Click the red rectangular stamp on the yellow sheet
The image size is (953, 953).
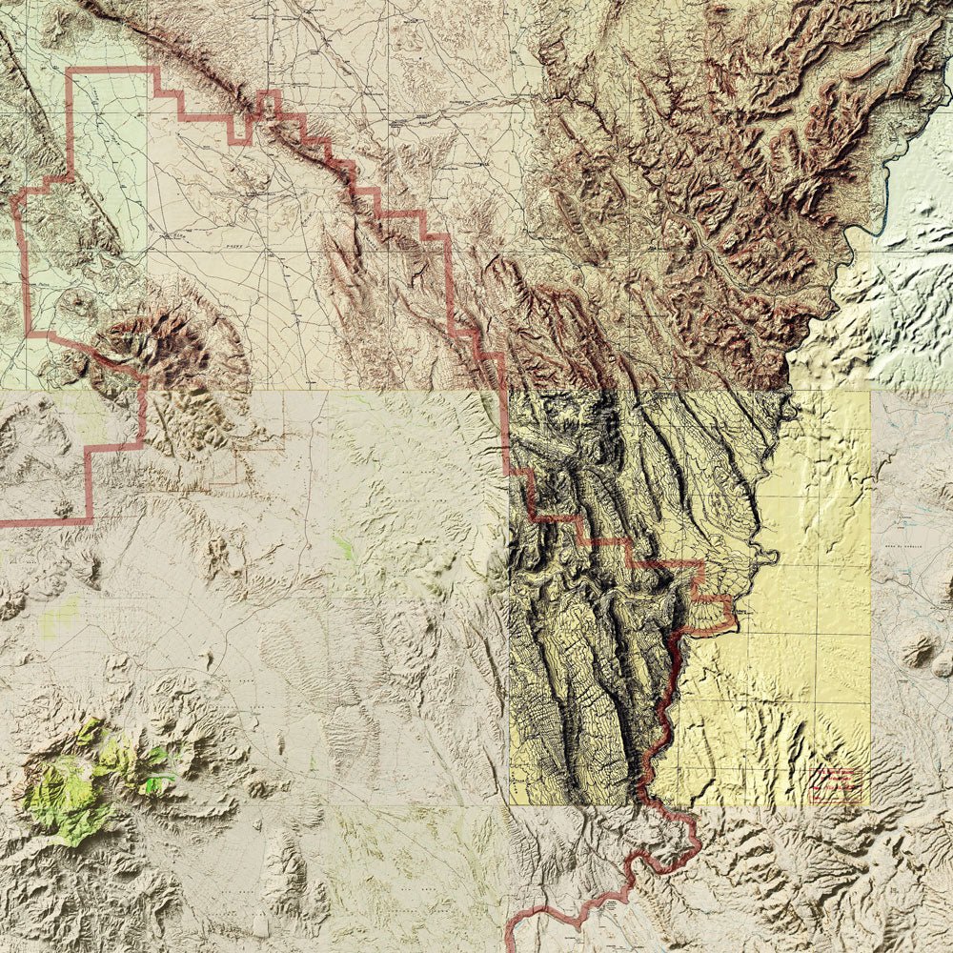pos(836,784)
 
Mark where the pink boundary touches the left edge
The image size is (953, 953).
pos(4,522)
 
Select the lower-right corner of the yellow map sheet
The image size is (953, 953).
pos(869,804)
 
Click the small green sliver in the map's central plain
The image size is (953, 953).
pos(344,547)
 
